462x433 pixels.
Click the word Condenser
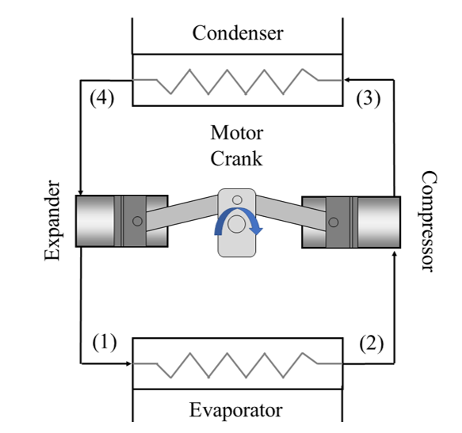tap(237, 33)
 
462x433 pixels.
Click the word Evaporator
tap(235, 410)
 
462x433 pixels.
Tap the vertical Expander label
tap(52, 220)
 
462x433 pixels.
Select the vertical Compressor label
tap(427, 221)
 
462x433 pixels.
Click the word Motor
tap(236, 132)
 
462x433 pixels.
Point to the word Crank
tap(236, 158)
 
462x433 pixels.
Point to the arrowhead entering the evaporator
tap(128, 364)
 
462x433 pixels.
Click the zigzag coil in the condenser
tap(237, 80)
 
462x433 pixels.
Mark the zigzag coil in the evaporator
tap(237, 364)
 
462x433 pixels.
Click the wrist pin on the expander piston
tap(138, 221)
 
